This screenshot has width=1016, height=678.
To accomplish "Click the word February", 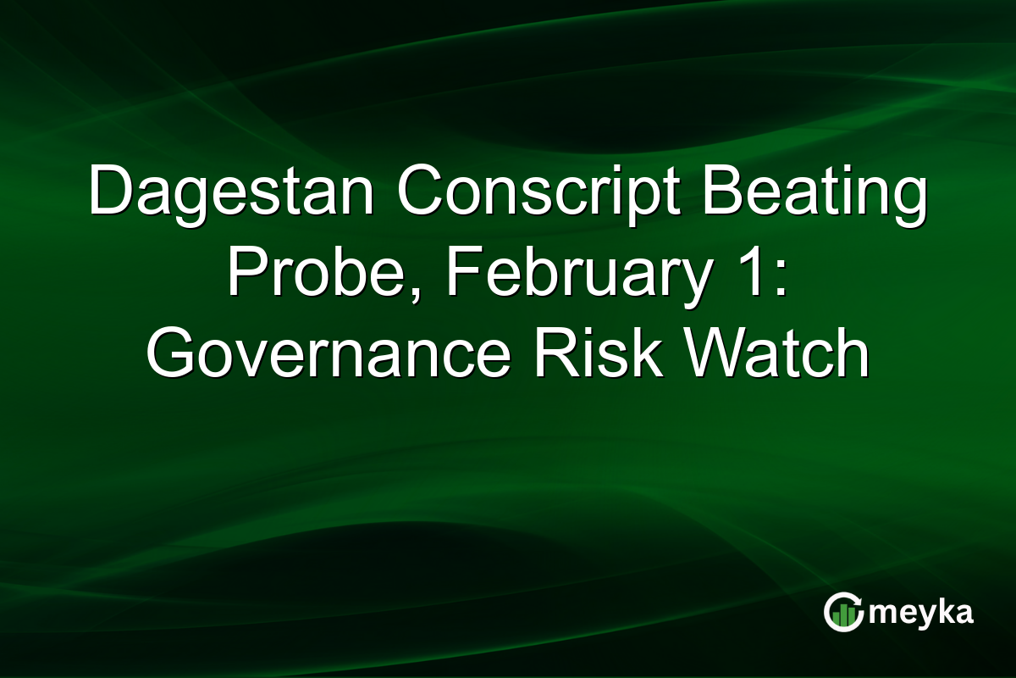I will point(566,276).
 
